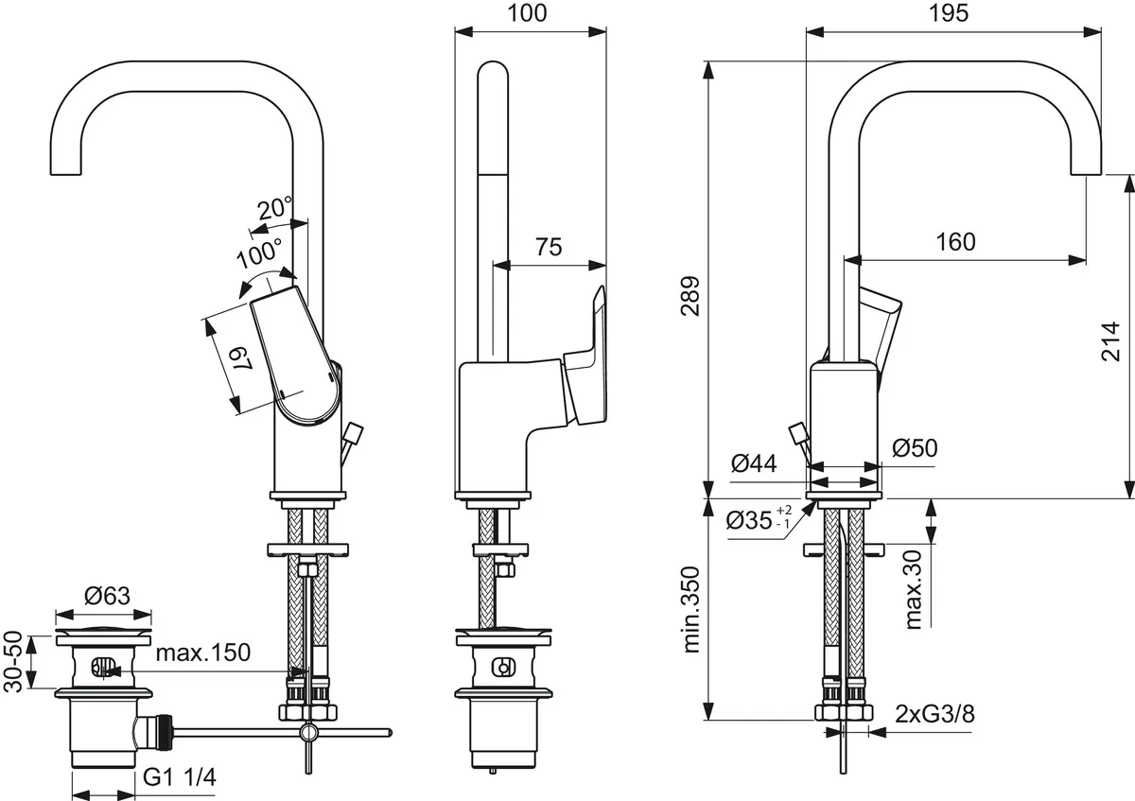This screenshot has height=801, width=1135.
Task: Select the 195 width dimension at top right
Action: (x=952, y=13)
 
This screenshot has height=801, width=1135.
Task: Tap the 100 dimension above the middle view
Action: (x=529, y=13)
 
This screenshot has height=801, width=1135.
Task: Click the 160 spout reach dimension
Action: (x=955, y=241)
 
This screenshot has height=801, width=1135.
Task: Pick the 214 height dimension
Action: (x=1110, y=340)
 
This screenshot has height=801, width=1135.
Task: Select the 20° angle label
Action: (x=275, y=207)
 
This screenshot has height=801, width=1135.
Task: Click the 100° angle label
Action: (x=259, y=252)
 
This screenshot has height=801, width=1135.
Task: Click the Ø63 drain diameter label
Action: (x=106, y=596)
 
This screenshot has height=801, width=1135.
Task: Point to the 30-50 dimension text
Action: (x=13, y=662)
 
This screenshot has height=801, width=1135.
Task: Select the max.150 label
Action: (x=202, y=653)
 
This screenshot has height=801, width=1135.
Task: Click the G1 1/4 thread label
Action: (x=180, y=778)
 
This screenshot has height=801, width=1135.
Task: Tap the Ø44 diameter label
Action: (x=754, y=463)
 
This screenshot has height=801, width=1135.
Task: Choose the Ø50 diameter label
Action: (x=914, y=448)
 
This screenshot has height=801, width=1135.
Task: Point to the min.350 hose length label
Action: (x=690, y=610)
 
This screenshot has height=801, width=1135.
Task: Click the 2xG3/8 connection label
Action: (x=934, y=715)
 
